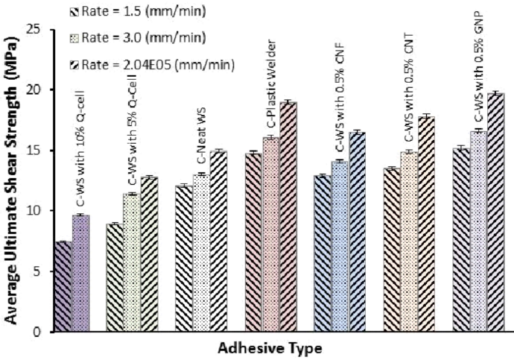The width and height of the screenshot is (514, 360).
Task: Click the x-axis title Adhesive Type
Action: pyautogui.click(x=270, y=348)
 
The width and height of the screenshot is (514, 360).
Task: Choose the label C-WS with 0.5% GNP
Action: pyautogui.click(x=477, y=67)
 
